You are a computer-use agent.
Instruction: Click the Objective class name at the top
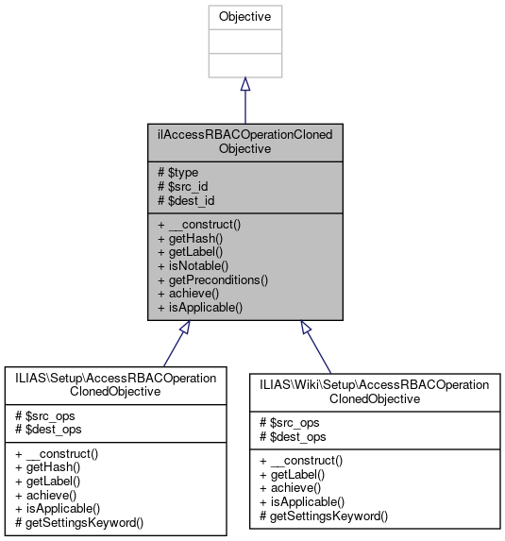click(x=244, y=17)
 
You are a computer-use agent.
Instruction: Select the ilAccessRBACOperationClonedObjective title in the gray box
click(x=244, y=142)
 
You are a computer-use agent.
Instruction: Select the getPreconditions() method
click(x=212, y=279)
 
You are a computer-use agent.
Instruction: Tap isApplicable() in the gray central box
click(x=199, y=307)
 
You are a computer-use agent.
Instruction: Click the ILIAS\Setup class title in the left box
click(x=116, y=384)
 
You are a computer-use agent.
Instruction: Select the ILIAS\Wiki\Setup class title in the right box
click(x=375, y=391)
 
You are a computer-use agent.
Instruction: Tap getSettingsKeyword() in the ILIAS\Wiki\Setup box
click(x=328, y=516)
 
